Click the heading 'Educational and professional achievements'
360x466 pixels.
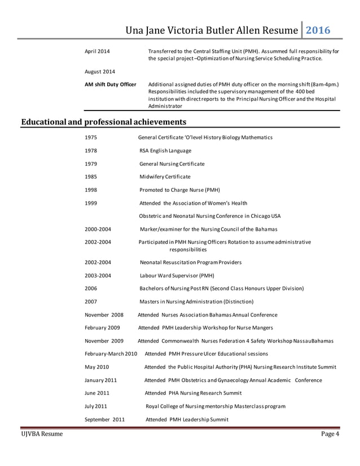(x=104, y=121)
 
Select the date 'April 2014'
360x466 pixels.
(x=97, y=52)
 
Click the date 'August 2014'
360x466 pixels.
(x=100, y=72)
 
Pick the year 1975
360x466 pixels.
(x=90, y=138)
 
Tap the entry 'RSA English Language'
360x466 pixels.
(x=165, y=151)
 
